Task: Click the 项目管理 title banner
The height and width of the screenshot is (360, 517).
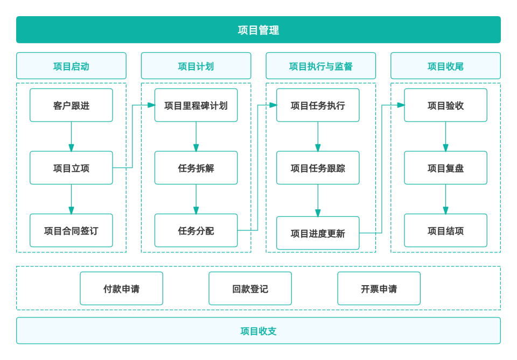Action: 258,30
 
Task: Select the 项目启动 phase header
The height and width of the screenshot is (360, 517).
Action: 71,66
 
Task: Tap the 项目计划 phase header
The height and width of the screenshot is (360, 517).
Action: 196,66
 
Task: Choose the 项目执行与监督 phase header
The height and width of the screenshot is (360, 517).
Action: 321,66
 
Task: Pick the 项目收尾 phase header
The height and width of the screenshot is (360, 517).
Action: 445,66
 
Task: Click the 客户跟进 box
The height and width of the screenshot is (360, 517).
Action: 71,105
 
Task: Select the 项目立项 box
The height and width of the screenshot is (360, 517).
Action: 71,168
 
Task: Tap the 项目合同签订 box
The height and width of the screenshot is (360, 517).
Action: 71,231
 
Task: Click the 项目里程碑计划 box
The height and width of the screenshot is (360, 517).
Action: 196,105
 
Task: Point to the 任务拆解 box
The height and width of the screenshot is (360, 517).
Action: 196,168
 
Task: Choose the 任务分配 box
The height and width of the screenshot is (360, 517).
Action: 196,231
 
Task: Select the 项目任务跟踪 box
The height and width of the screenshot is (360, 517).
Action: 318,168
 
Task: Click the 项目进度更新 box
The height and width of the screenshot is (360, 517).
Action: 318,233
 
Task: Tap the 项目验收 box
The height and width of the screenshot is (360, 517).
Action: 445,105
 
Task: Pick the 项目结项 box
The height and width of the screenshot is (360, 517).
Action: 445,231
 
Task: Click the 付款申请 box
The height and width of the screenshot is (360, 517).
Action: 121,288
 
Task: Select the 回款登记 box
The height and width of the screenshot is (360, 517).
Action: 250,288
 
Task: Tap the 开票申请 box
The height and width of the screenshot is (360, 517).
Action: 379,288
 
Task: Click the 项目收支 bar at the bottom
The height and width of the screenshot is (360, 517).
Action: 258,330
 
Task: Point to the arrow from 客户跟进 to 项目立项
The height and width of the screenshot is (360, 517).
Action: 71,137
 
